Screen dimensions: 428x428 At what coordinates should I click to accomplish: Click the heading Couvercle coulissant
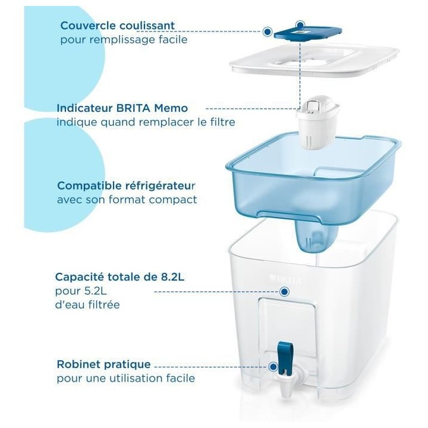coord(117,26)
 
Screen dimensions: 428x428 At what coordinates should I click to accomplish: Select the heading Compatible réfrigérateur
coord(127,185)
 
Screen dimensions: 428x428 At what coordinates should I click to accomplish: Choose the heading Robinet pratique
coord(103,364)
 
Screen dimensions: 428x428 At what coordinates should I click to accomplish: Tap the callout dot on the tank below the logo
coord(284,292)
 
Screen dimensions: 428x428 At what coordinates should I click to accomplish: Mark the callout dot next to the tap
coord(273,368)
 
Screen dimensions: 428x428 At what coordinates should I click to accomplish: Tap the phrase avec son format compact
coord(127,200)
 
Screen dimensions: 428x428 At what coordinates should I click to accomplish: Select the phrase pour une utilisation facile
coord(125,378)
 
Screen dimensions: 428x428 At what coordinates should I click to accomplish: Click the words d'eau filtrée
coord(87,305)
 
